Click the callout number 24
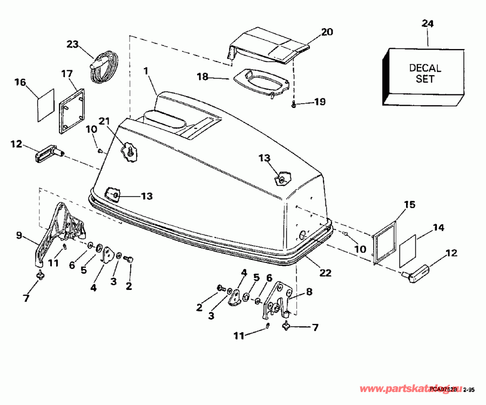point(427,24)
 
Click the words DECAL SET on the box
point(425,73)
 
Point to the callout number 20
point(327,31)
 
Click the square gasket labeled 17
point(72,111)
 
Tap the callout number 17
point(66,73)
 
